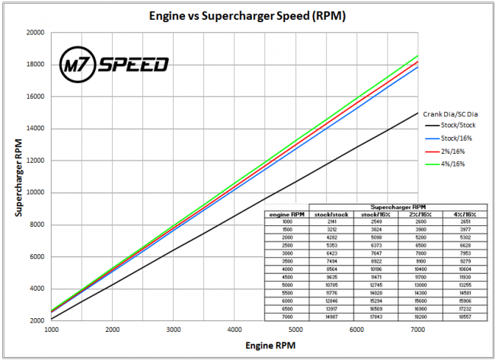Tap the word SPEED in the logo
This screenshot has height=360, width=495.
pos(129,63)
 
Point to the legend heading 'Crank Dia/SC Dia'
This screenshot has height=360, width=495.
pos(450,114)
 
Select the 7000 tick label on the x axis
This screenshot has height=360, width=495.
pos(415,330)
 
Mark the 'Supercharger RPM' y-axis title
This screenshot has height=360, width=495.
pos(17,177)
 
